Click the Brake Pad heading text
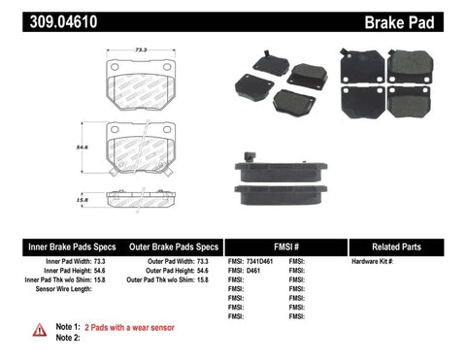click(421, 19)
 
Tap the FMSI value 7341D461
click(260, 262)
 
